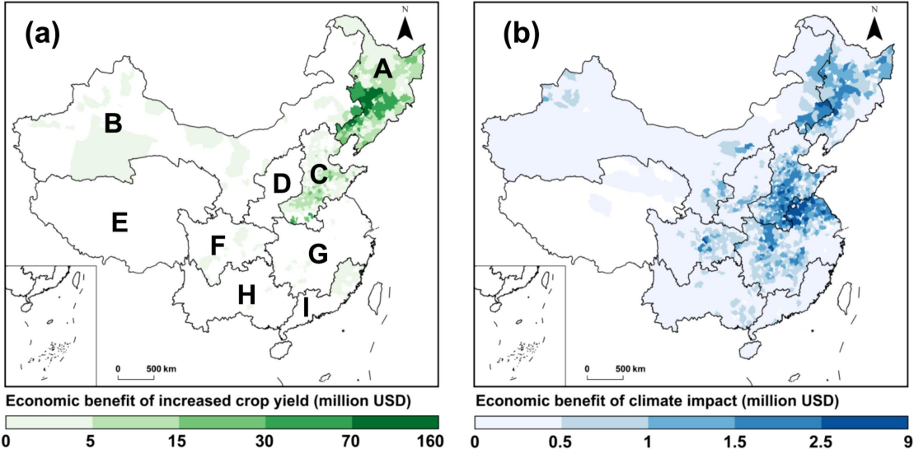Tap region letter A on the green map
click(382, 71)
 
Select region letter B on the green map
click(113, 124)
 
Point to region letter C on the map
click(318, 174)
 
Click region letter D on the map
click(282, 184)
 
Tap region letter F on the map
click(218, 246)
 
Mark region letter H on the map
click(246, 293)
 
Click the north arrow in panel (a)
click(405, 28)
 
